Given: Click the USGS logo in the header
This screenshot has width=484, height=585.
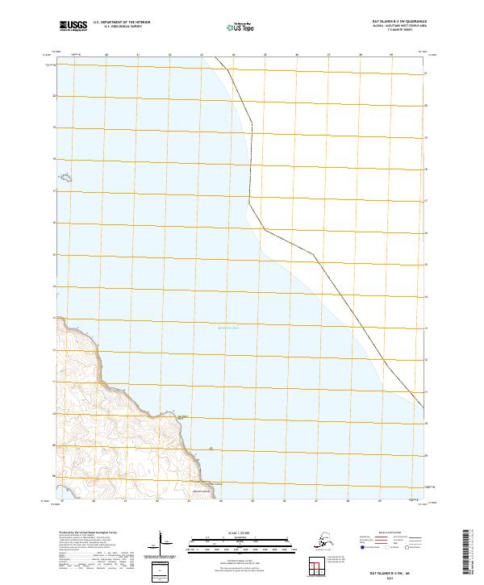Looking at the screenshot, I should tap(72, 27).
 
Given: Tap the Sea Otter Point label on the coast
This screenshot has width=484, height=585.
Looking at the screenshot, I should tap(182, 417).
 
